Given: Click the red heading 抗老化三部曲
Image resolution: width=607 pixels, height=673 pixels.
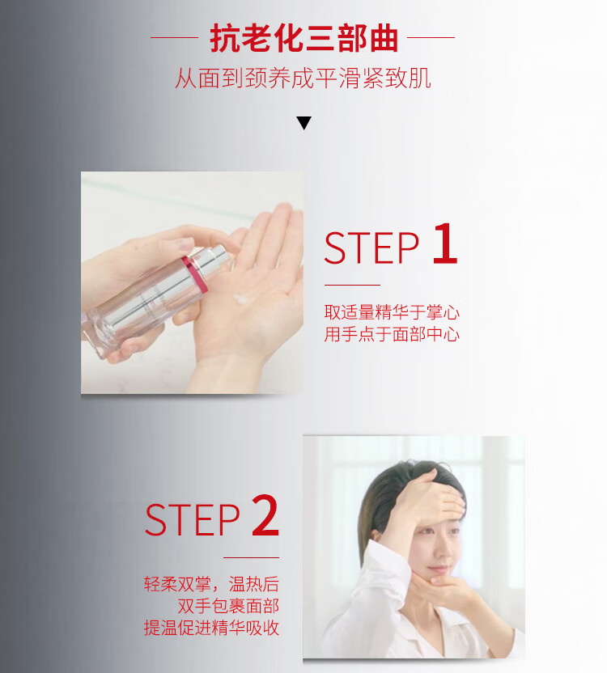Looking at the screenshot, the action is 303,38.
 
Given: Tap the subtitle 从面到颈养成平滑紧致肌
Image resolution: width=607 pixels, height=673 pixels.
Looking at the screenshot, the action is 303,78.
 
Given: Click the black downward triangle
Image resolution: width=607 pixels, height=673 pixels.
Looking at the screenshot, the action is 303,123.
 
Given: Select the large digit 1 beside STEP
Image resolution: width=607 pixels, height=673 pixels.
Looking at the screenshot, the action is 445,243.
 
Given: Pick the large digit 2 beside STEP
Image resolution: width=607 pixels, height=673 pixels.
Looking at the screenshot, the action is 265,515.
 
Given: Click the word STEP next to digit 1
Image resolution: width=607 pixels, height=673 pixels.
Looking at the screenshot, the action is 371,248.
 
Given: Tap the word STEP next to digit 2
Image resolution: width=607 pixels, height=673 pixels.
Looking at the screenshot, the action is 192,520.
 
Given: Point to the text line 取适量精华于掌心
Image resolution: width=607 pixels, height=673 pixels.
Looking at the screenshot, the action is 392,312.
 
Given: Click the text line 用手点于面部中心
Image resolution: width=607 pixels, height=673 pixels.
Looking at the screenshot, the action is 392,334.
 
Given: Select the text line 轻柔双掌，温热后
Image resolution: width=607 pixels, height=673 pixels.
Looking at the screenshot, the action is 211,584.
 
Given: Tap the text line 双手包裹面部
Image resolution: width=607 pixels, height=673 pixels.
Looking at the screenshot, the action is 228,606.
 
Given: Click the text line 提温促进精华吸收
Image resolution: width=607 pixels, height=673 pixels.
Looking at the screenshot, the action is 211,628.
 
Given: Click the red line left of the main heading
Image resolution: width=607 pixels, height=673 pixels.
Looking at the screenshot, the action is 174,38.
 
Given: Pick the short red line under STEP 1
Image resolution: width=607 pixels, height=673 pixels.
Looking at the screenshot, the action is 352,285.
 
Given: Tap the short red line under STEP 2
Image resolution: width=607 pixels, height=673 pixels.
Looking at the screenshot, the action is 252,557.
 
